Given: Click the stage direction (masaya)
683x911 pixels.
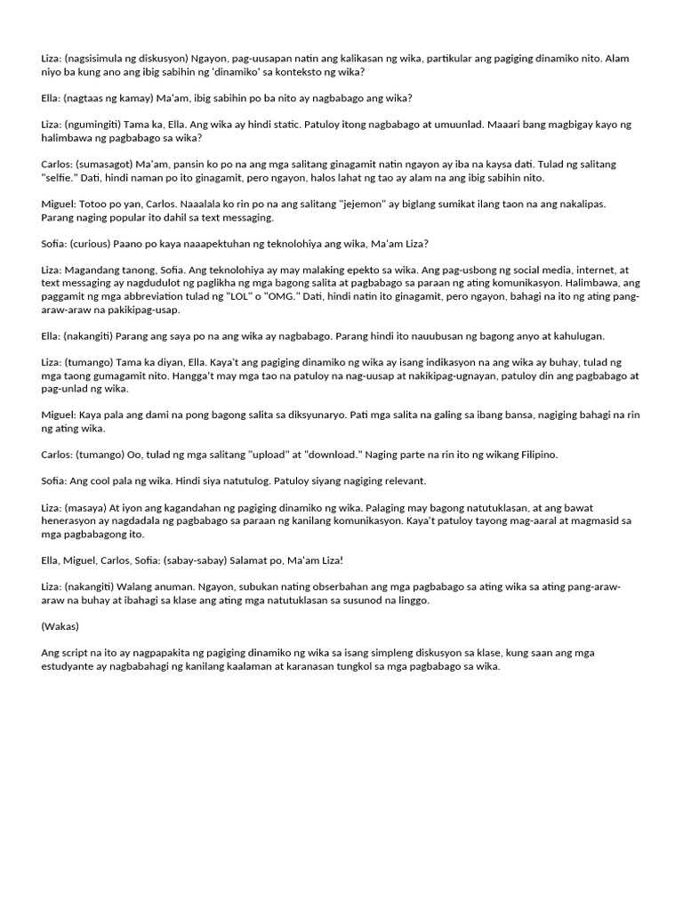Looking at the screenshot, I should point(88,507).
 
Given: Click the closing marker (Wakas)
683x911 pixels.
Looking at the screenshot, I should point(59,625).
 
